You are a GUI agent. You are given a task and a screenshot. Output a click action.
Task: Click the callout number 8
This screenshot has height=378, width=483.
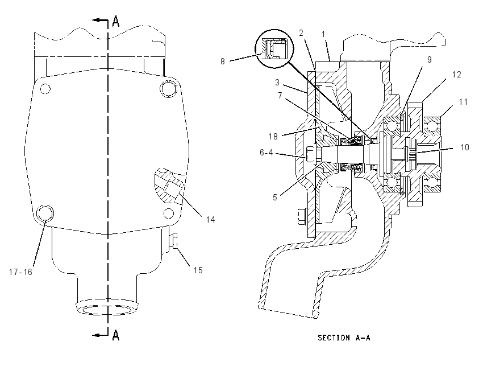click(222, 61)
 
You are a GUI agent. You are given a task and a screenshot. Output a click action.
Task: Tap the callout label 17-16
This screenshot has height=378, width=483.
click(20, 272)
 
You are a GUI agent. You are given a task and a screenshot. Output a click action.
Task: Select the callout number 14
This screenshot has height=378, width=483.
click(210, 219)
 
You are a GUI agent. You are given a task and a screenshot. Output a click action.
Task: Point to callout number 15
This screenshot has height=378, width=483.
click(198, 270)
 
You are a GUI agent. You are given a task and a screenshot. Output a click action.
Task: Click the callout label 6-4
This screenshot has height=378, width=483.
click(266, 153)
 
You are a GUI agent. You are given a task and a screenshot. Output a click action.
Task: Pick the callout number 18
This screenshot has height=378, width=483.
click(273, 137)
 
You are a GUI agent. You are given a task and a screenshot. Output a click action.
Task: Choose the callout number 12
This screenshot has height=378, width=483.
click(456, 75)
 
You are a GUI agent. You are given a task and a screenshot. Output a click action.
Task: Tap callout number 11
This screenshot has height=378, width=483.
click(463, 102)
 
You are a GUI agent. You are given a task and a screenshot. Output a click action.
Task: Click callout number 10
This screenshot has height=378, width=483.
click(464, 147)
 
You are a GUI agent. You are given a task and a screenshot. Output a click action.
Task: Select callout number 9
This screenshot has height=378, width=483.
click(430, 60)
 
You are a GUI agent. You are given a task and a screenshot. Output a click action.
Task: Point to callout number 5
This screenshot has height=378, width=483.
click(275, 198)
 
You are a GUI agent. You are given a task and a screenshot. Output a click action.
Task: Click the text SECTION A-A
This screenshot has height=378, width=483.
click(344, 338)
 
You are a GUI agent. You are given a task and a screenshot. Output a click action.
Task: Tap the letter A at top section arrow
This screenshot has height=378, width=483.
click(116, 21)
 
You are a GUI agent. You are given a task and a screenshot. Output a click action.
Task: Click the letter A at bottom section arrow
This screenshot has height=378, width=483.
click(116, 335)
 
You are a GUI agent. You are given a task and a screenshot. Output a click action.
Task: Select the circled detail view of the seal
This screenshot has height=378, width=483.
click(274, 48)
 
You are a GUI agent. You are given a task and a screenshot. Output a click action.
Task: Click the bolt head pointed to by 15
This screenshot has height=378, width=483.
click(174, 241)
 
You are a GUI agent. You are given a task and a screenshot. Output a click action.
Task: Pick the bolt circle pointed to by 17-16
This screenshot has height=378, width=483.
click(45, 213)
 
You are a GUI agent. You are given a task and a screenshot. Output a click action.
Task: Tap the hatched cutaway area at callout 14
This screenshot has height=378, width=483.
click(169, 186)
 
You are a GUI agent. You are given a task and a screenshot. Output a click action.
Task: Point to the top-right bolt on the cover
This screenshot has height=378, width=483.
click(168, 89)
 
